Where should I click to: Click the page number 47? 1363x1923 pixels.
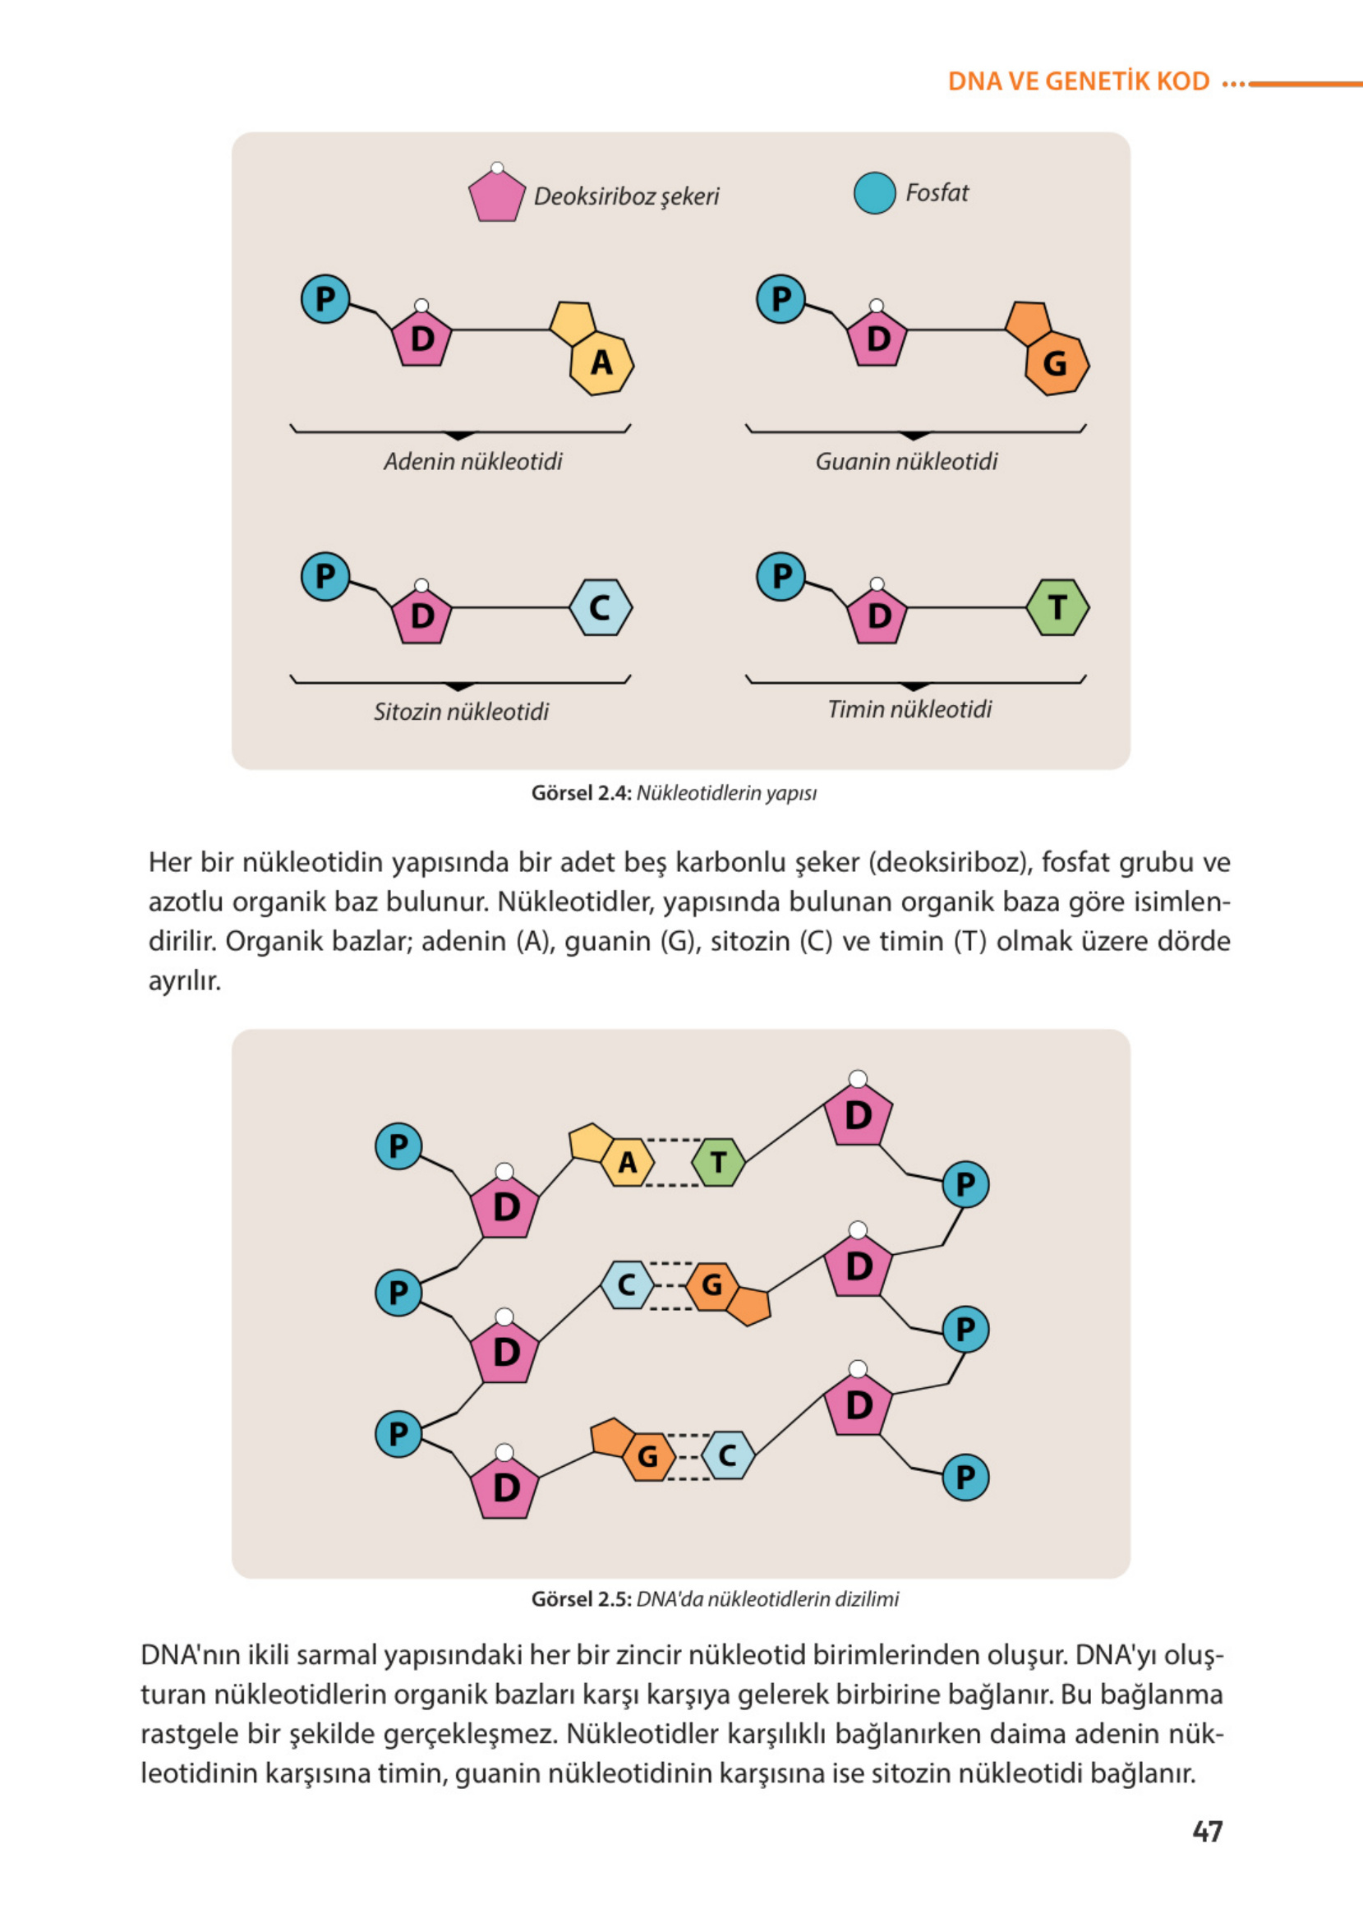coord(1207,1831)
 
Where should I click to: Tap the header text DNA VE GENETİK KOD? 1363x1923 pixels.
coord(1079,81)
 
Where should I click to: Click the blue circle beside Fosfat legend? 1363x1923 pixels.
coord(874,193)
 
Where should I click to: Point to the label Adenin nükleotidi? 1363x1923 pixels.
coord(472,462)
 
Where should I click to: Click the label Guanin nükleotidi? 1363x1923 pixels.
coord(906,462)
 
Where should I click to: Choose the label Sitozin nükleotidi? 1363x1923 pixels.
coord(461,712)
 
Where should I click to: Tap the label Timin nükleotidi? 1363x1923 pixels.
coord(909,709)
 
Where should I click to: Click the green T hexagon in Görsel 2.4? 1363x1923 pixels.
coord(1057,606)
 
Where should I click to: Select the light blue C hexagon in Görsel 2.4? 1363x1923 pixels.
coord(600,606)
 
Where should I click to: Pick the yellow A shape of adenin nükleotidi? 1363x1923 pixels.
coord(601,362)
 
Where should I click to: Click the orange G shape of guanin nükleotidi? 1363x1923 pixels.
coord(1056,363)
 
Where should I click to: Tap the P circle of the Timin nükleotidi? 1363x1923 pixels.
coord(781,577)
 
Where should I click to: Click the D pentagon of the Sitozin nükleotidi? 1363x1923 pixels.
coord(422,616)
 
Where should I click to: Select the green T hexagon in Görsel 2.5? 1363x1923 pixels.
coord(718,1163)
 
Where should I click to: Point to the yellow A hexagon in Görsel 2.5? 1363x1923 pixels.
coord(628,1163)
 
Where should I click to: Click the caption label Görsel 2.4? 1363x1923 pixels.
coord(581,793)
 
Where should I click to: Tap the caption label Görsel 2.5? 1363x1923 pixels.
coord(581,1599)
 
